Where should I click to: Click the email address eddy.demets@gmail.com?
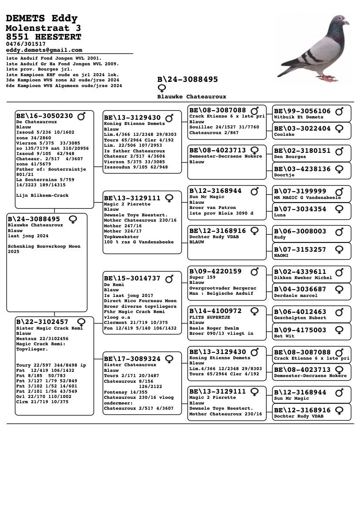click(44, 50)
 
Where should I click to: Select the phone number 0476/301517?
click(26, 44)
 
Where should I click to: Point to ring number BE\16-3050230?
click(44, 116)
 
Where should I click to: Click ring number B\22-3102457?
click(42, 322)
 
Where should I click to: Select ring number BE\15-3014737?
click(132, 278)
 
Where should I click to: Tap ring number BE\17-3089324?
click(132, 358)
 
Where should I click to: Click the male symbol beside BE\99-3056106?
click(340, 111)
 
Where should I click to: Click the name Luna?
click(280, 215)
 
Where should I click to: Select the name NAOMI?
click(282, 256)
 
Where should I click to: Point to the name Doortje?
click(284, 175)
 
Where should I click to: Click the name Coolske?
click(284, 135)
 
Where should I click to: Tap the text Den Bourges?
click(290, 157)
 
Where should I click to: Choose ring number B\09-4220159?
click(215, 271)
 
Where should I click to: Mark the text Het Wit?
click(284, 336)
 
